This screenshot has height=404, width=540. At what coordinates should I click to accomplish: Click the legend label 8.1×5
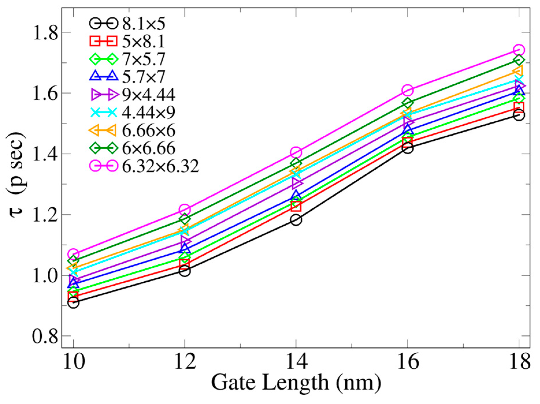click(x=144, y=24)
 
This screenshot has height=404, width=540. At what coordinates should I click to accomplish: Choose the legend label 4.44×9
click(x=148, y=113)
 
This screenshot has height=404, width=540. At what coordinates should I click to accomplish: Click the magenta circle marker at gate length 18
click(x=519, y=50)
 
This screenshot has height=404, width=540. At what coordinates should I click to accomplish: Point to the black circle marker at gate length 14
click(x=296, y=220)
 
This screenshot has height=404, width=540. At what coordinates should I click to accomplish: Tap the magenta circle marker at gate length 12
click(x=185, y=210)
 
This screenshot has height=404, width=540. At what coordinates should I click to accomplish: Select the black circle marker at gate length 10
click(x=73, y=303)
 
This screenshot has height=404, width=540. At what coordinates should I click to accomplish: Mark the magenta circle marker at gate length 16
click(x=407, y=90)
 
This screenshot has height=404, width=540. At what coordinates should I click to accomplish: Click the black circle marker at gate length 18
click(x=519, y=115)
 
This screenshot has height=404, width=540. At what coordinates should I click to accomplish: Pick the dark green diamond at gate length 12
click(x=185, y=219)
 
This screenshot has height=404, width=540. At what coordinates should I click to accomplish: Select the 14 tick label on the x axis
click(x=296, y=361)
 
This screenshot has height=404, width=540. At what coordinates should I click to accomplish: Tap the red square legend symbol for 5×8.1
click(x=103, y=41)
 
